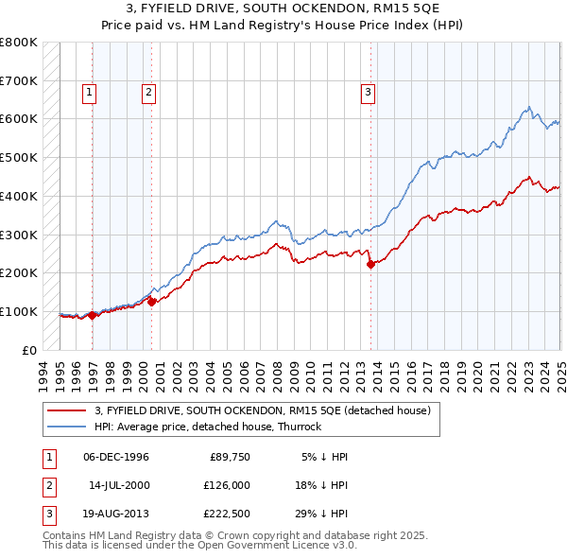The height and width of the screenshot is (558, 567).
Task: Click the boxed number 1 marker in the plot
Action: [89, 92]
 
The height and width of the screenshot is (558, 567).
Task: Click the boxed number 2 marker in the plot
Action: [149, 92]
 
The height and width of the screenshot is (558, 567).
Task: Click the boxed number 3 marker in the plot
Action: [368, 92]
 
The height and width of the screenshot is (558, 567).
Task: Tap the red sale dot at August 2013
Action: [371, 265]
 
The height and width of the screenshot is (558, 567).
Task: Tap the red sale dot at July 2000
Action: [151, 302]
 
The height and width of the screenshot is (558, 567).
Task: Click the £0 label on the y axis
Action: [30, 350]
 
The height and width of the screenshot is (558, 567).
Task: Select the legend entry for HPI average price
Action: [208, 427]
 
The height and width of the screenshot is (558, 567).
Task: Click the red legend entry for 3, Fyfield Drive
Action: [263, 410]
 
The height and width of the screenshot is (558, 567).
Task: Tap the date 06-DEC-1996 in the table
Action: [116, 457]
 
